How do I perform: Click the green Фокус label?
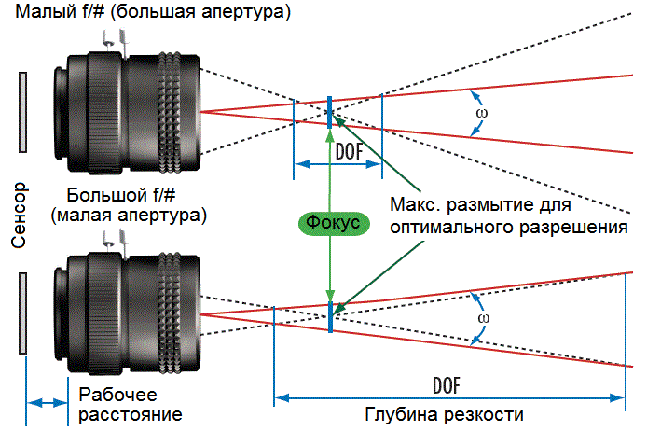pos(328,224)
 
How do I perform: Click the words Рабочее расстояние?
pos(130,404)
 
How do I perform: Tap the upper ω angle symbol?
pos(481,113)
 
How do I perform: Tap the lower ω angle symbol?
pos(482,315)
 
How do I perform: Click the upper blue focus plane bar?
pos(330,111)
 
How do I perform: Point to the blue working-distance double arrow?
pos(46,403)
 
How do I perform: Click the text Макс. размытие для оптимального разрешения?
pos(509,215)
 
